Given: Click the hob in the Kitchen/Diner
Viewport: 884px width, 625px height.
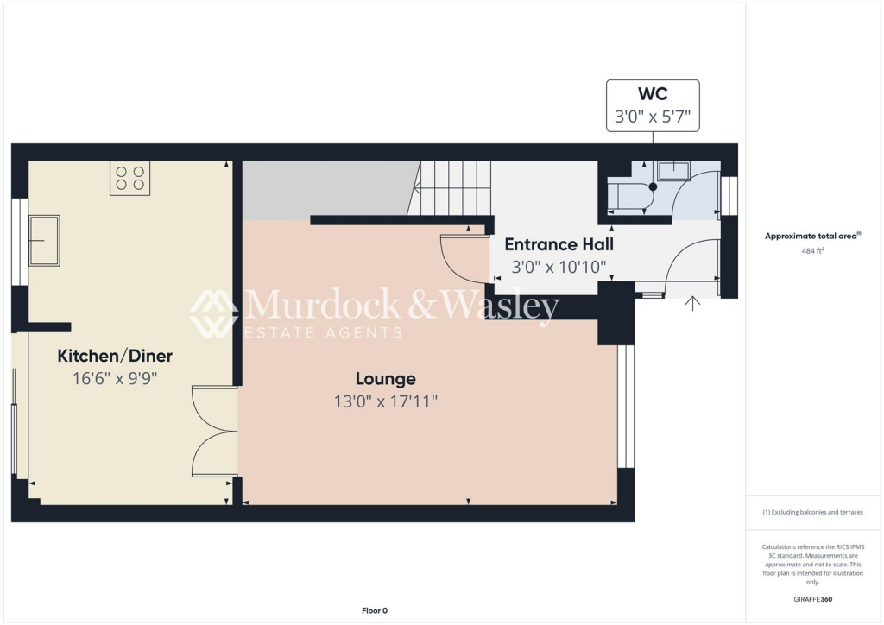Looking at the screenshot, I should click(129, 178).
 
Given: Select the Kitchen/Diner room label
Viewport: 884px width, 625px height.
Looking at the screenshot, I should click(115, 356).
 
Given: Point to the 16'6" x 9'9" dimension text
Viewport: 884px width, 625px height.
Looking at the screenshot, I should click(115, 378).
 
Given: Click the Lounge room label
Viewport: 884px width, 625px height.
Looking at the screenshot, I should click(386, 378).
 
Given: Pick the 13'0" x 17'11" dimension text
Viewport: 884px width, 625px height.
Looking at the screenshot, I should click(386, 401).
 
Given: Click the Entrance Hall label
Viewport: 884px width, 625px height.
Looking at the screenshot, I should click(559, 244).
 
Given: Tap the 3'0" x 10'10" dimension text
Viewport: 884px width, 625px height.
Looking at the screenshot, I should click(559, 268).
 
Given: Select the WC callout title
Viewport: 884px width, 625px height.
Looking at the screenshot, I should click(652, 93).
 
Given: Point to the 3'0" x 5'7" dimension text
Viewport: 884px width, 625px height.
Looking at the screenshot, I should click(652, 116).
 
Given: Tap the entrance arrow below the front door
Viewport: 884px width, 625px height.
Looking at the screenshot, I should click(692, 304).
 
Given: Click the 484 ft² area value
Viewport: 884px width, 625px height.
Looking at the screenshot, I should click(814, 251).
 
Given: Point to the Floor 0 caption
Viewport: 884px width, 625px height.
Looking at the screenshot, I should click(375, 611).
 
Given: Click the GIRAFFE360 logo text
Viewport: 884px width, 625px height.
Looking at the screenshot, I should click(814, 599).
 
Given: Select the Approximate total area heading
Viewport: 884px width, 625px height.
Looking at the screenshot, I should click(813, 236).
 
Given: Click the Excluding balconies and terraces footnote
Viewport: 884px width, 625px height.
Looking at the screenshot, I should click(813, 512).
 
